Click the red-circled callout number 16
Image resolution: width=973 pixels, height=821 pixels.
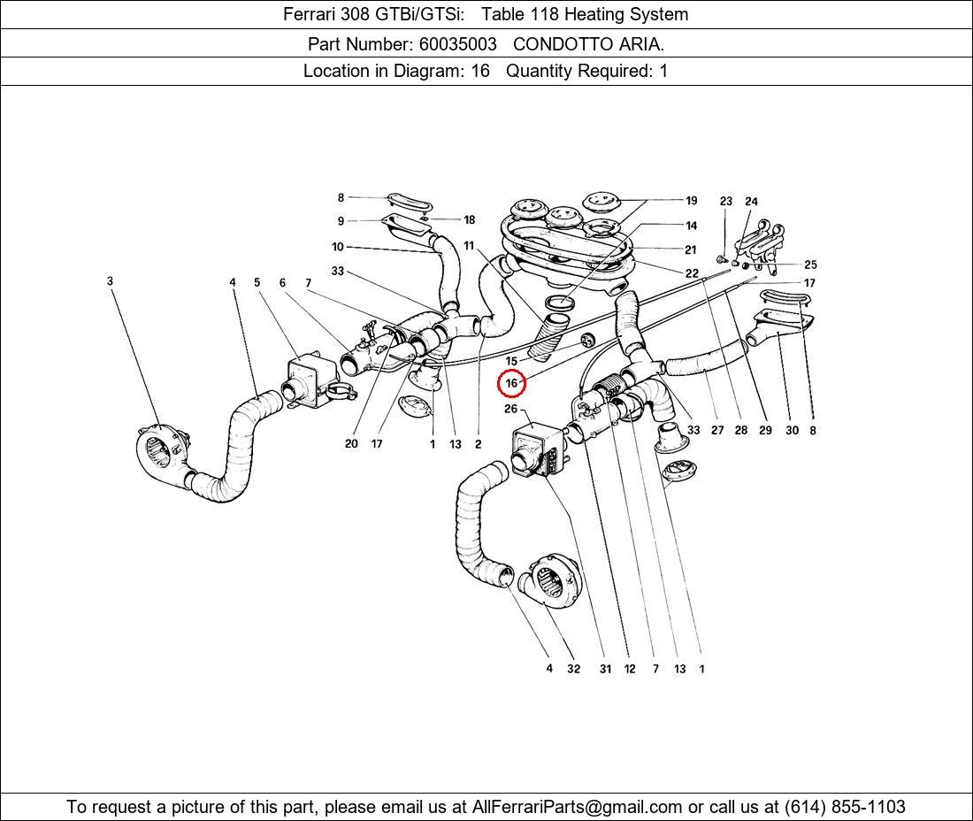pyautogui.click(x=511, y=383)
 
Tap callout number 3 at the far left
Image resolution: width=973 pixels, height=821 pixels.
pyautogui.click(x=111, y=281)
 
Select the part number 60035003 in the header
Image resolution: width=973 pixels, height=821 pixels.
pyautogui.click(x=456, y=43)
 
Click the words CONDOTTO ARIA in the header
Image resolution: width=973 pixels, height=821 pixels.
pyautogui.click(x=588, y=43)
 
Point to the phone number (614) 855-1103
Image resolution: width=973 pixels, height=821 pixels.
pyautogui.click(x=845, y=807)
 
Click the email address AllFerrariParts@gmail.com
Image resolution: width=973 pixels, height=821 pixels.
pyautogui.click(x=577, y=807)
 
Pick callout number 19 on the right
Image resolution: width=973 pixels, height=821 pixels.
pyautogui.click(x=691, y=201)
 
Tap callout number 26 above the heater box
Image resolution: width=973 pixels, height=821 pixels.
pyautogui.click(x=511, y=409)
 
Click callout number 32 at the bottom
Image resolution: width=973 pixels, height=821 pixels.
pyautogui.click(x=573, y=669)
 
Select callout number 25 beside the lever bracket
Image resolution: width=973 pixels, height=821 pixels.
pyautogui.click(x=810, y=265)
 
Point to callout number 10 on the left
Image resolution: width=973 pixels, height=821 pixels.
pyautogui.click(x=338, y=247)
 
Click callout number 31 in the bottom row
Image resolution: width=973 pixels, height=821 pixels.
pyautogui.click(x=605, y=669)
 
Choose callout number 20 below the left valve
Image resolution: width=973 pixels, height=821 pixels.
pyautogui.click(x=351, y=443)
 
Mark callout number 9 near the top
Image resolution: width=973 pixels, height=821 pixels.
pyautogui.click(x=341, y=221)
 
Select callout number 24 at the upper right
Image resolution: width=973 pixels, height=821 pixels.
pyautogui.click(x=751, y=202)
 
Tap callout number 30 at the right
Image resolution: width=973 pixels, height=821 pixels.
pyautogui.click(x=791, y=431)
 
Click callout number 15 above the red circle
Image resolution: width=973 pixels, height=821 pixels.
pyautogui.click(x=511, y=361)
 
